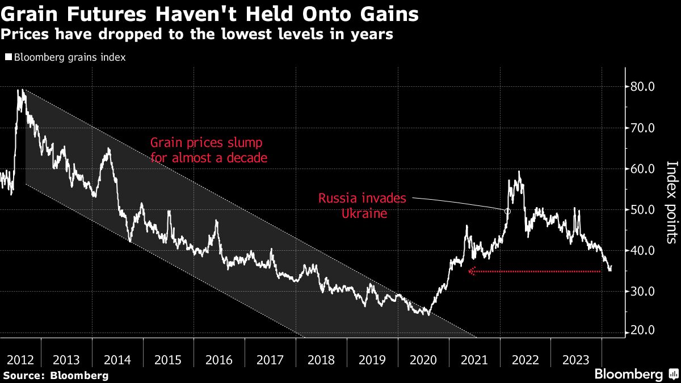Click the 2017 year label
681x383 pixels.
[270, 359]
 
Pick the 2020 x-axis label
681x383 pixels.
[423, 359]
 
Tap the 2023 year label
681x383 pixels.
[577, 359]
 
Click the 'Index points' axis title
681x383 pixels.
[671, 203]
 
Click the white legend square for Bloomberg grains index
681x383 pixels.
[8, 57]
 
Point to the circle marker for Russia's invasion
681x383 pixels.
[507, 211]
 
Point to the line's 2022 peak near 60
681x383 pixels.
[519, 171]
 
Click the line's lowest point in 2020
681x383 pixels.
[428, 314]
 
